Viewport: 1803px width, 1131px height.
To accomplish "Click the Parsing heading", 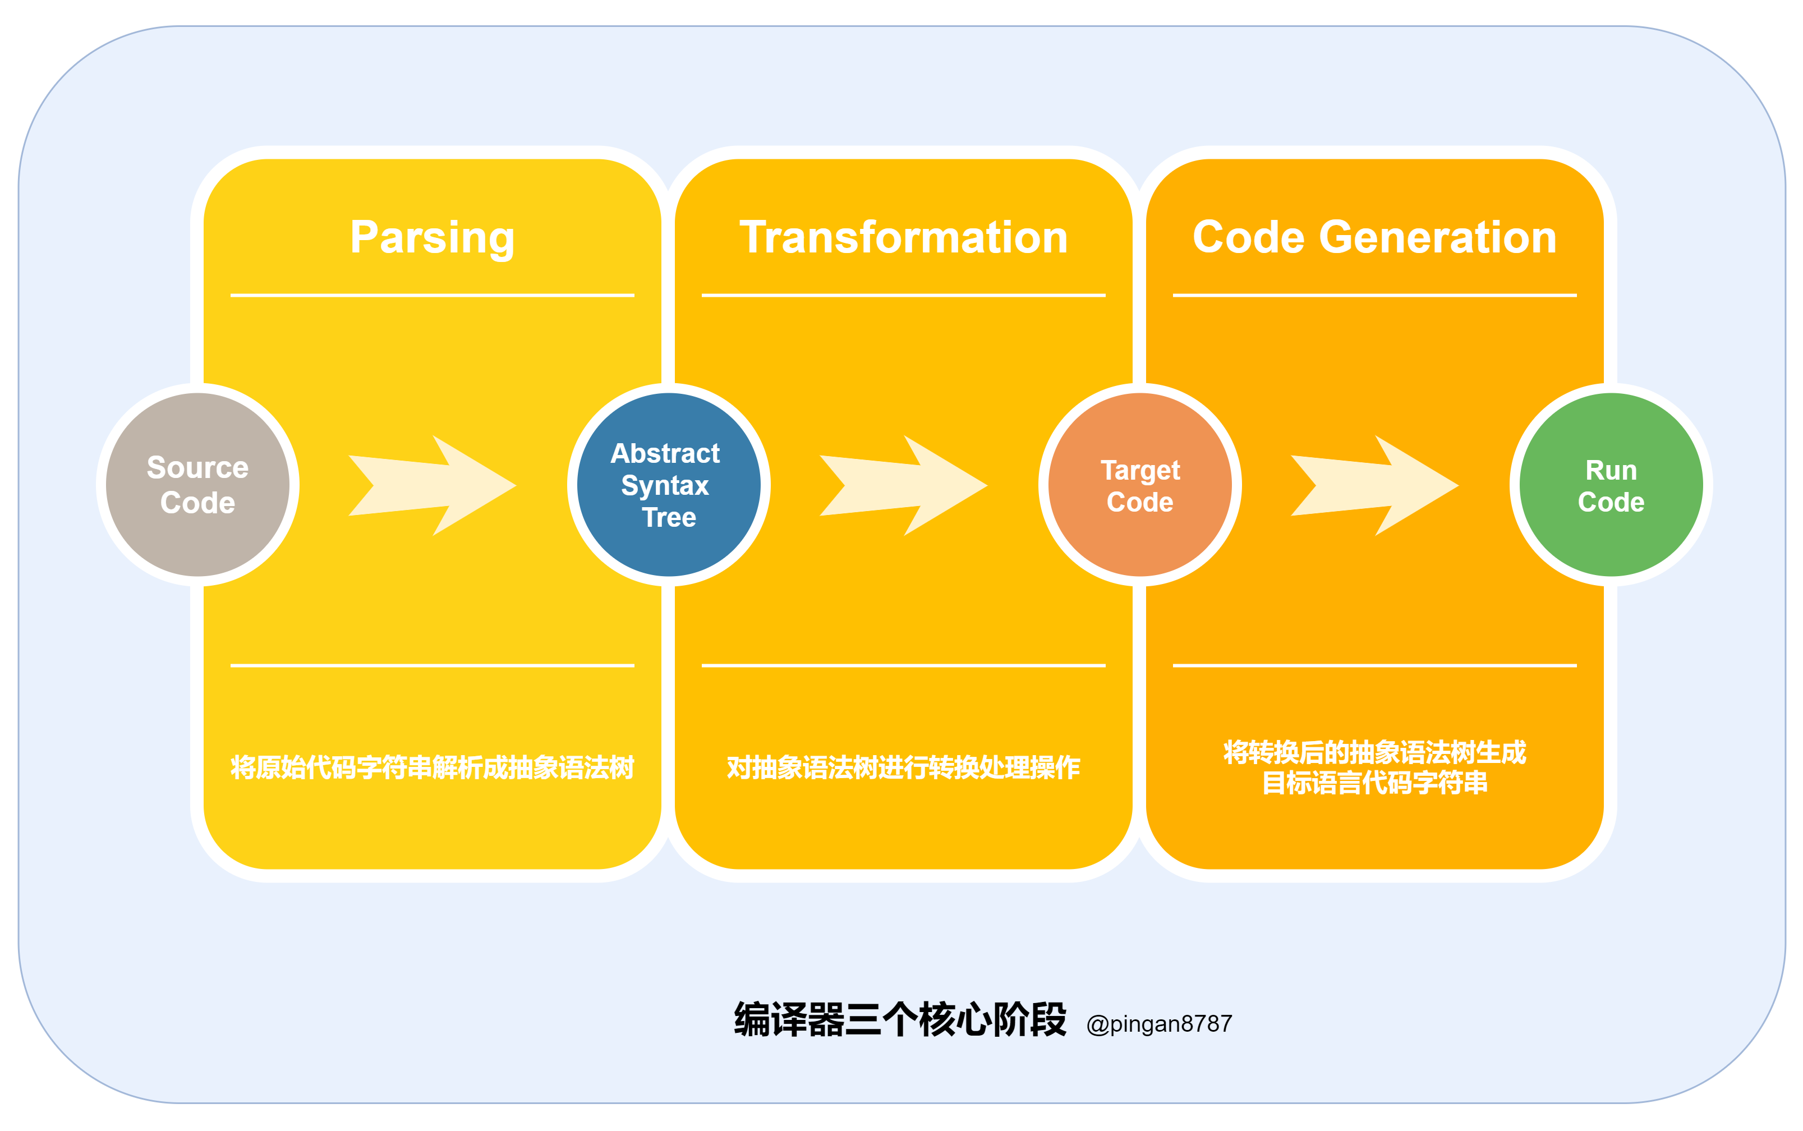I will pos(433,237).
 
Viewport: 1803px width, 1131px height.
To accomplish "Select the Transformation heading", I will pos(903,237).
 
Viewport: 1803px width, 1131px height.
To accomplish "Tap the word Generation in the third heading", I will pos(1437,237).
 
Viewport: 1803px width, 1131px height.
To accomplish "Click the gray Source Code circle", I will pos(197,485).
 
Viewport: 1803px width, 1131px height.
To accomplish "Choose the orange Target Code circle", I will pos(1140,485).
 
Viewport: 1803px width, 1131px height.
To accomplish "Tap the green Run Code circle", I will pos(1611,485).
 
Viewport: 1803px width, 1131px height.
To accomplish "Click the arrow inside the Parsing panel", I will pos(433,485).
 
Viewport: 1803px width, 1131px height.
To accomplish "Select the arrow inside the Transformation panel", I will pos(903,485).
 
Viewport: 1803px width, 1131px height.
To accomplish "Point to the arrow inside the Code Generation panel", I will pos(1374,485).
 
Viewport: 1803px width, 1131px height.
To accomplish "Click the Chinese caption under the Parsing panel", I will pos(433,767).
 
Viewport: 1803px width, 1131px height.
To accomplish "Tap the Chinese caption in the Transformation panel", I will pos(903,767).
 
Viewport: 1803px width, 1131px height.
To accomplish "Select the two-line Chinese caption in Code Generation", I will pos(1374,767).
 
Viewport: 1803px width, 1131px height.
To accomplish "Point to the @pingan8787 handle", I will pos(1159,1023).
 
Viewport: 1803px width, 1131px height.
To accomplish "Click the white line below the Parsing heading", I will pos(433,296).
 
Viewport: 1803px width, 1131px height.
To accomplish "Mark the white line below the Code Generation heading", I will pos(1374,296).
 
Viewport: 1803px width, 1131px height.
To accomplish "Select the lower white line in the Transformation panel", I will pos(903,665).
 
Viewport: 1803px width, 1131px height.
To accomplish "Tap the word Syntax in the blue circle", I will pos(665,485).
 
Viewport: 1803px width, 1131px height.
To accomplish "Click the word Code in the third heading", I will pos(1248,237).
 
